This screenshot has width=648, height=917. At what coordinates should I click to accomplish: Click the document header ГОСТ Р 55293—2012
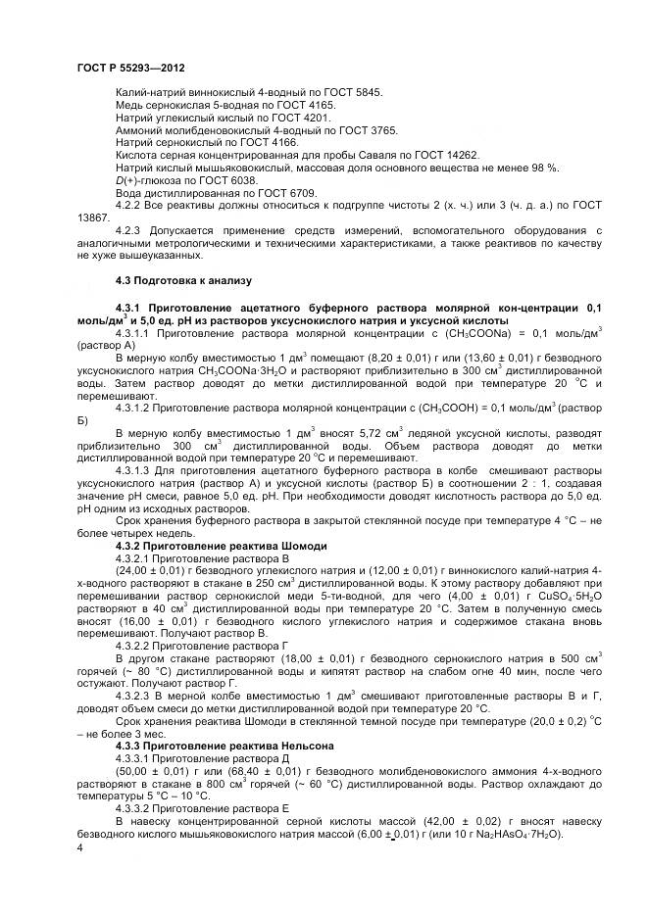tap(130, 68)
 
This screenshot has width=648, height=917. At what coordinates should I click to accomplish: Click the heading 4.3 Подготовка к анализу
tap(183, 280)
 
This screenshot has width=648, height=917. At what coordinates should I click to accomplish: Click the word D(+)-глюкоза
tap(147, 180)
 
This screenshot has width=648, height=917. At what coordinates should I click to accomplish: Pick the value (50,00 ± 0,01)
tap(149, 773)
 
